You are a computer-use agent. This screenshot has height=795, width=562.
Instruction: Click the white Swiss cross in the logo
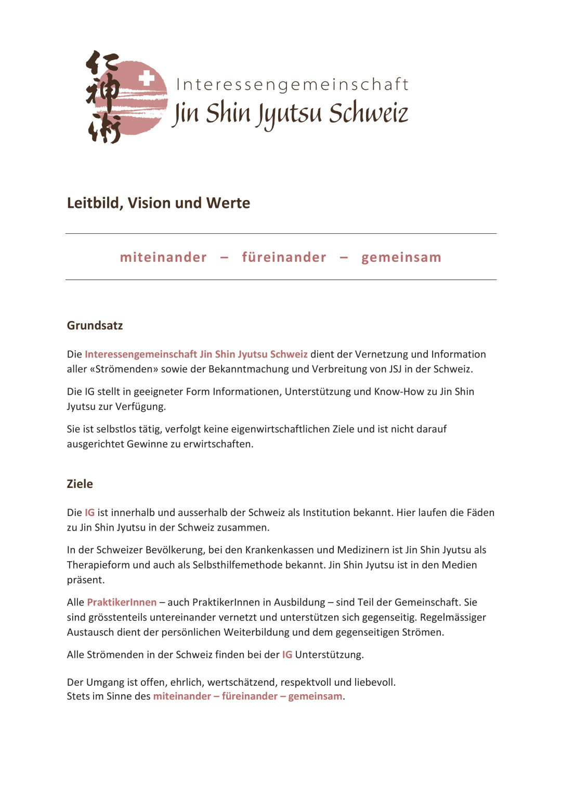(147, 78)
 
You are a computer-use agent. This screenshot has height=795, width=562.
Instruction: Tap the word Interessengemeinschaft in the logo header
(292, 84)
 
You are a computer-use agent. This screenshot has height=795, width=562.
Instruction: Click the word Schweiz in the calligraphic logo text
(369, 113)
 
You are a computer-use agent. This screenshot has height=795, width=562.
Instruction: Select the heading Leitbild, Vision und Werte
(159, 203)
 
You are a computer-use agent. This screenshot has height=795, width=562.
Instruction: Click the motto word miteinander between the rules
(163, 257)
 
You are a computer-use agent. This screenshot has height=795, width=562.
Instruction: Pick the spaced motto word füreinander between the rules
(284, 257)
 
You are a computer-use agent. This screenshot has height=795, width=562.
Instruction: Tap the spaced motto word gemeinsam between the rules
(401, 257)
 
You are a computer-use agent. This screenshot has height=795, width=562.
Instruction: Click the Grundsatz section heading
(95, 325)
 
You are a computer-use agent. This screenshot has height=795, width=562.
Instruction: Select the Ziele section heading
(80, 484)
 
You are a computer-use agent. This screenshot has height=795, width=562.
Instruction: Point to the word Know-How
(399, 391)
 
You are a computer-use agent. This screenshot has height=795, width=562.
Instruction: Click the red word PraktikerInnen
(122, 602)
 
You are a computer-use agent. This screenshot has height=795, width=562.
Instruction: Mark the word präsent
(85, 580)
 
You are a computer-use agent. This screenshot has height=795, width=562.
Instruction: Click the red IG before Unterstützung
(287, 655)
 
